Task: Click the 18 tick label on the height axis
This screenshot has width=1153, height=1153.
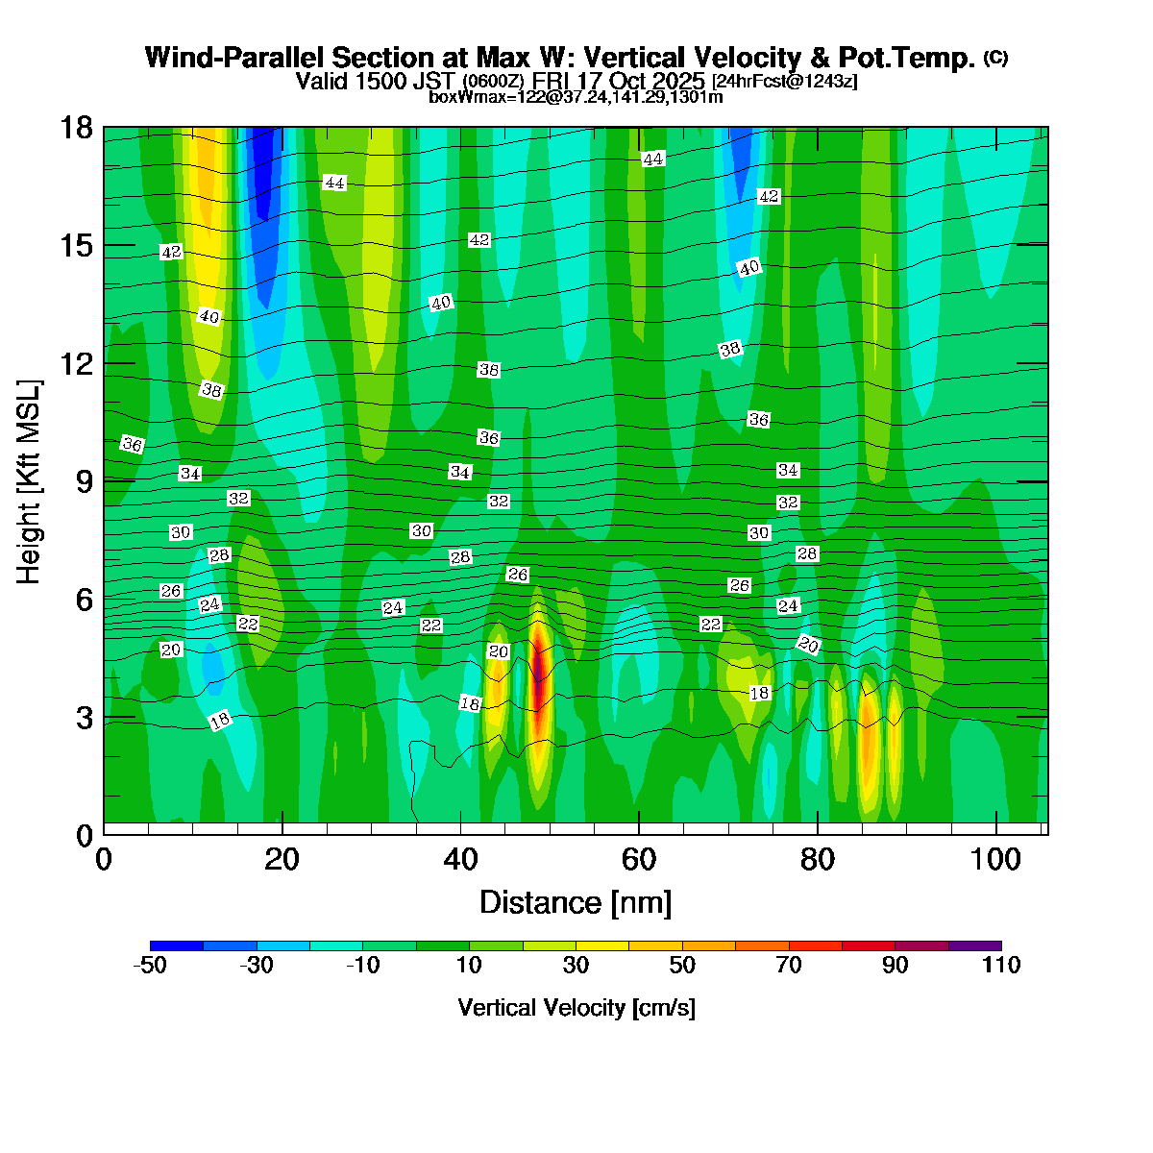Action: coord(78,127)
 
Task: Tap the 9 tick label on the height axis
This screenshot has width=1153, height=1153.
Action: coord(84,481)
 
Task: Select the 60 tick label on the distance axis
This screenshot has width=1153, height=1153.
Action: coord(639,859)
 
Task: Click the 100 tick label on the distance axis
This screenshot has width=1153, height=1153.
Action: coord(996,859)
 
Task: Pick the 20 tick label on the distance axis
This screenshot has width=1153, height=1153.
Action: coord(282,859)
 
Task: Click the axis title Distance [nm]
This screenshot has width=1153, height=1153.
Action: coord(575,903)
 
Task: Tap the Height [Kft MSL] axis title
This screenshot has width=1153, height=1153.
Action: coord(29,482)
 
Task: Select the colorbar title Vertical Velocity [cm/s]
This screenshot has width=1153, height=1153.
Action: coord(576,1008)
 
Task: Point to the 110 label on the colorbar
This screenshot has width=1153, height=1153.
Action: coord(1001,966)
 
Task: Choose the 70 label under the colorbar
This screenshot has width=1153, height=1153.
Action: coord(789,966)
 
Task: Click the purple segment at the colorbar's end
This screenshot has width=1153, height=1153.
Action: coord(974,945)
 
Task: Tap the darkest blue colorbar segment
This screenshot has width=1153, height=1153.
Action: coord(177,945)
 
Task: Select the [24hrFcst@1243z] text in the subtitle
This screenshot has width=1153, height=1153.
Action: coord(785,82)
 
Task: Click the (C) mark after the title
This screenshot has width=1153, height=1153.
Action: coord(995,58)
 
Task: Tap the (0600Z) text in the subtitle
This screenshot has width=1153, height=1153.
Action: coord(493,82)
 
